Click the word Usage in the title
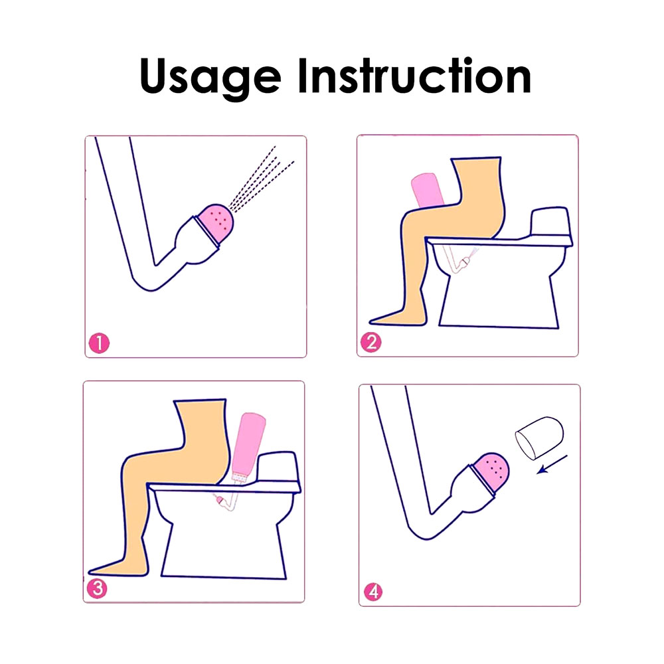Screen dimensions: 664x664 (x=210, y=77)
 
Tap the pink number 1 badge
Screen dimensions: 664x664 (x=99, y=343)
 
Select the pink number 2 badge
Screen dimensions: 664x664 (x=371, y=342)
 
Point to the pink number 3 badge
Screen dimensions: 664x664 (x=97, y=588)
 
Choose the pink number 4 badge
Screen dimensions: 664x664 (x=373, y=592)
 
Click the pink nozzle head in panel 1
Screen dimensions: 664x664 (x=216, y=224)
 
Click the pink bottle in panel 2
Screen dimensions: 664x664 (x=428, y=190)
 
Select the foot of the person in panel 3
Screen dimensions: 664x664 (x=119, y=568)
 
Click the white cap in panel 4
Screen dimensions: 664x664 (x=539, y=438)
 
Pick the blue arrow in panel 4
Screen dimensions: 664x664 (x=552, y=465)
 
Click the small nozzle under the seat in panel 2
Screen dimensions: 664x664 (x=465, y=261)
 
